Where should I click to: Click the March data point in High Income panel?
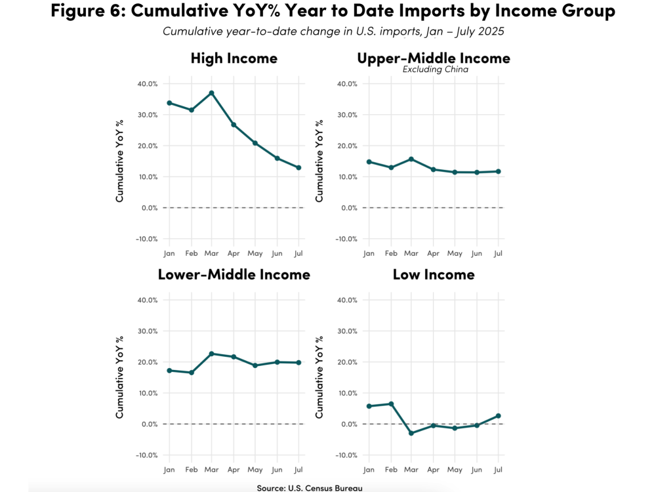(x=212, y=93)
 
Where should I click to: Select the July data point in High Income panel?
(x=298, y=168)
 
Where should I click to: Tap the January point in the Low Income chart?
(x=369, y=406)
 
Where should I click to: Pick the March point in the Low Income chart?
(x=411, y=433)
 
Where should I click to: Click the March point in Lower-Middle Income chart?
(x=212, y=354)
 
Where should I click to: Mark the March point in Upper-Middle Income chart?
(x=411, y=159)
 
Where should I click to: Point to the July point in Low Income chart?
(x=498, y=416)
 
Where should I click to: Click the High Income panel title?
(x=234, y=58)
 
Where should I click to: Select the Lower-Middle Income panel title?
(x=234, y=274)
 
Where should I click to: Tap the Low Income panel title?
(x=433, y=274)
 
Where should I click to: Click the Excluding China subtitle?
(x=435, y=70)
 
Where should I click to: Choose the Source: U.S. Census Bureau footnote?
(x=309, y=487)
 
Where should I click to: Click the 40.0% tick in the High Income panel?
(x=147, y=84)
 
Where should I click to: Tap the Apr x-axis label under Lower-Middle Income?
(x=234, y=470)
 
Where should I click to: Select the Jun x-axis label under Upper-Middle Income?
(x=476, y=253)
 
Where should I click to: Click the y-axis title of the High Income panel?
(x=119, y=161)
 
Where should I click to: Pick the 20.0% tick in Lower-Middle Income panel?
(x=147, y=362)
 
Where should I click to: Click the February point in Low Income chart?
(x=390, y=404)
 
